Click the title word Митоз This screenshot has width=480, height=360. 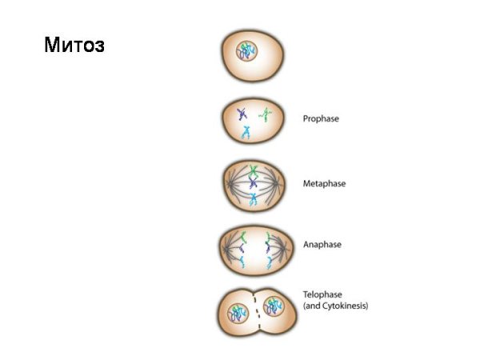74,45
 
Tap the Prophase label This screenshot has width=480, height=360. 321,118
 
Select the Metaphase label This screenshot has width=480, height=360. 324,184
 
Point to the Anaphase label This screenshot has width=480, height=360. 322,245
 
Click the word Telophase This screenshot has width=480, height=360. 322,294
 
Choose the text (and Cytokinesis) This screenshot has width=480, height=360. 335,306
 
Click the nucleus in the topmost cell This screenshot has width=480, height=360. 246,51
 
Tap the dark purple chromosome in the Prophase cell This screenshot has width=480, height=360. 242,114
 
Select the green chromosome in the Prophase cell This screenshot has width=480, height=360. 266,114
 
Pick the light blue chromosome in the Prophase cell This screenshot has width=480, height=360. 246,133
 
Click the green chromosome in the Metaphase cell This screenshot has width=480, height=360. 253,171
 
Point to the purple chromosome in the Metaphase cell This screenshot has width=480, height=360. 253,183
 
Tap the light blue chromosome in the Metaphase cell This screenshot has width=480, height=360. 253,199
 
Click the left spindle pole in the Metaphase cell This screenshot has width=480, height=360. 229,184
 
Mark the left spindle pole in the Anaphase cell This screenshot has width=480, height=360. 226,249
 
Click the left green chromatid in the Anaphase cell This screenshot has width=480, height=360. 243,237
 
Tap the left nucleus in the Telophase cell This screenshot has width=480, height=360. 238,314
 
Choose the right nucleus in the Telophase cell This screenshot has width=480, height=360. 274,306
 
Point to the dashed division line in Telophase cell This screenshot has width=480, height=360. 257,311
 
